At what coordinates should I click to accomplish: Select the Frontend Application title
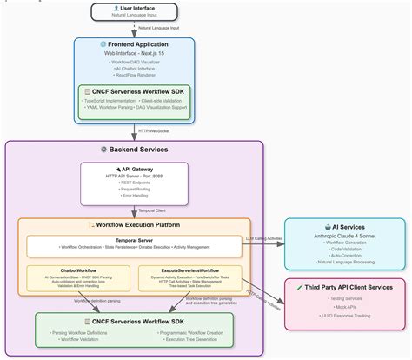pos(135,43)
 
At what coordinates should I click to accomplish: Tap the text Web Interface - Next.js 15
pos(135,53)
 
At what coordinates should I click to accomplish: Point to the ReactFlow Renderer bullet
pos(135,76)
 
